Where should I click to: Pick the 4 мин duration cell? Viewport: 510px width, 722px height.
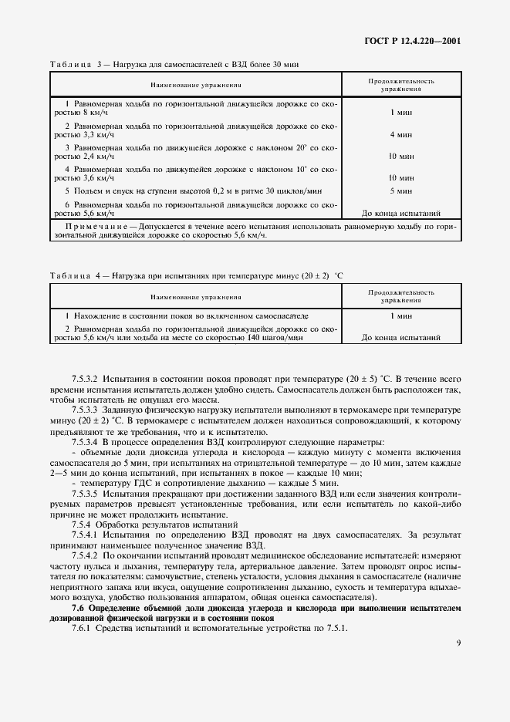coord(400,134)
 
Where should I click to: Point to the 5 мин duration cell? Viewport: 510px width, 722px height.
coord(400,190)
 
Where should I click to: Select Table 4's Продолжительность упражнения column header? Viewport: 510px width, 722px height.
coord(400,297)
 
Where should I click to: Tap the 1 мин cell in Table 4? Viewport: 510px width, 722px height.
coord(400,316)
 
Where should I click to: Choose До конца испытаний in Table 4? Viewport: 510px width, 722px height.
coord(400,338)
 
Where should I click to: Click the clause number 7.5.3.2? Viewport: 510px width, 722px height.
coord(86,378)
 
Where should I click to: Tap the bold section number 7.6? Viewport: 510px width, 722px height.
coord(78,608)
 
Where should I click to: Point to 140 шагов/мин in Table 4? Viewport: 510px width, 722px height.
coord(276,338)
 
